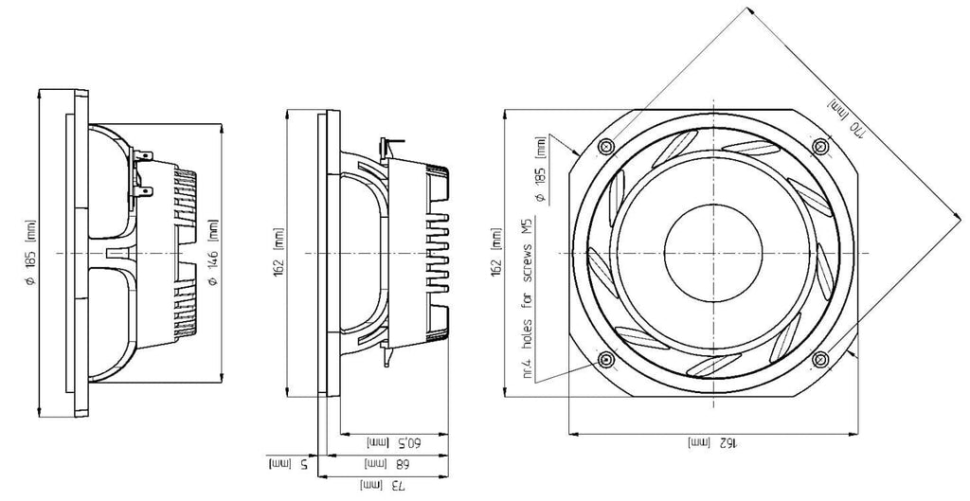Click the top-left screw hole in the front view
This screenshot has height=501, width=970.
605,147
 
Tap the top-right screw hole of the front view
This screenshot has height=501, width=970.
820,146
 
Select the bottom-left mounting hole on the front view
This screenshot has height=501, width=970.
605,359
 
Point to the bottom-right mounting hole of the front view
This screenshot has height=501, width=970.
820,359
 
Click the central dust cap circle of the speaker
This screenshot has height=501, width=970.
712,253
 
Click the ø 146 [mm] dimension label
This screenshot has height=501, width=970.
213,252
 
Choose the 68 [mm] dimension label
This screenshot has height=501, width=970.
386,463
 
